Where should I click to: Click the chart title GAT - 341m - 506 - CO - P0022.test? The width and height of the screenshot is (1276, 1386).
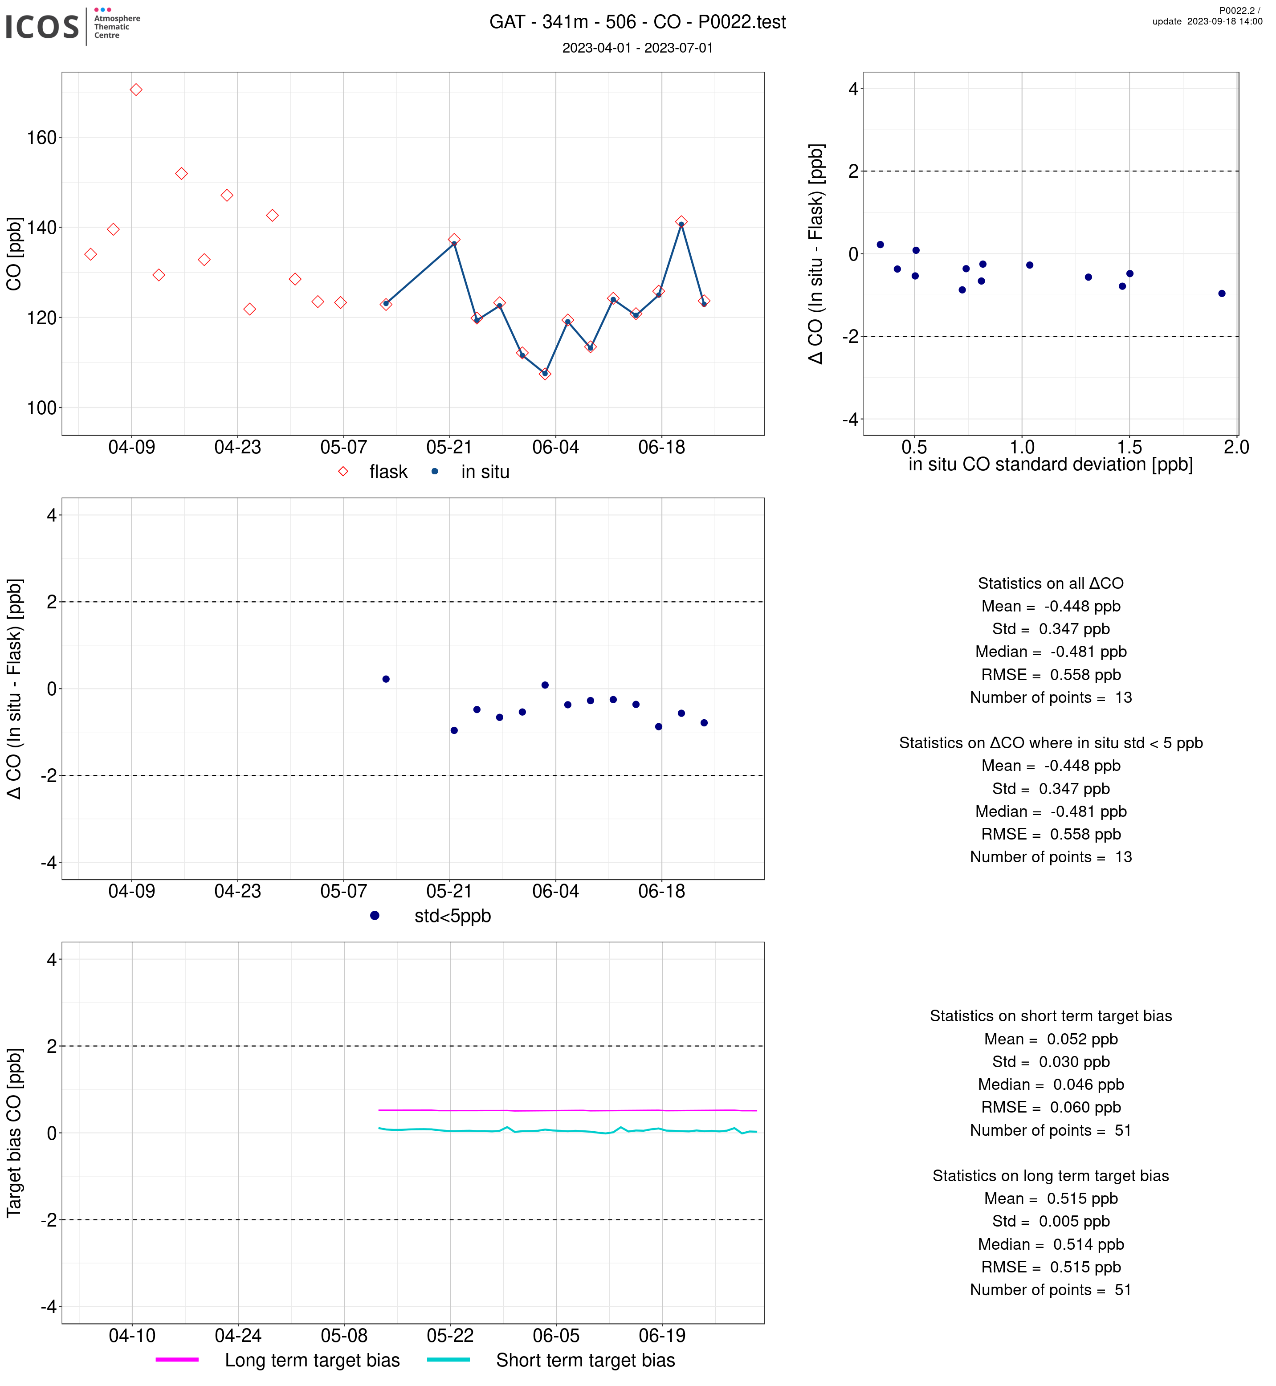point(637,22)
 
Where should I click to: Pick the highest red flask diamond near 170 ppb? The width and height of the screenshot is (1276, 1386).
point(136,90)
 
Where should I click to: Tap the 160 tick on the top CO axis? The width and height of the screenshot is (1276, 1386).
point(41,138)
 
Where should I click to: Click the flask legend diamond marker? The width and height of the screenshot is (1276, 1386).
point(343,472)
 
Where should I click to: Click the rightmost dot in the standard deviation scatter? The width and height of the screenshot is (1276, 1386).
point(1222,294)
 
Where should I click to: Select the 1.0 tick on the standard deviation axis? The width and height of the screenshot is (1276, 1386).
point(1022,448)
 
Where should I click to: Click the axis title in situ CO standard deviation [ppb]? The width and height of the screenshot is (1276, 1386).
point(1050,465)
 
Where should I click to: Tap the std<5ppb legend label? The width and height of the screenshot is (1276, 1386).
point(452,917)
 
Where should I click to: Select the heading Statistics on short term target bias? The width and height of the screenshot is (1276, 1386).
point(1050,1016)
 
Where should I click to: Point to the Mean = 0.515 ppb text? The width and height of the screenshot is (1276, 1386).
point(1050,1199)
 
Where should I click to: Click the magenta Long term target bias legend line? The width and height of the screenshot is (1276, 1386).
point(177,1360)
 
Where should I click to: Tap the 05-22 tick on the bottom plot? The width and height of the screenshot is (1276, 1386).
point(450,1336)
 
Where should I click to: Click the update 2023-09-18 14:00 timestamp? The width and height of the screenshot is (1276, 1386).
point(1207,21)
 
